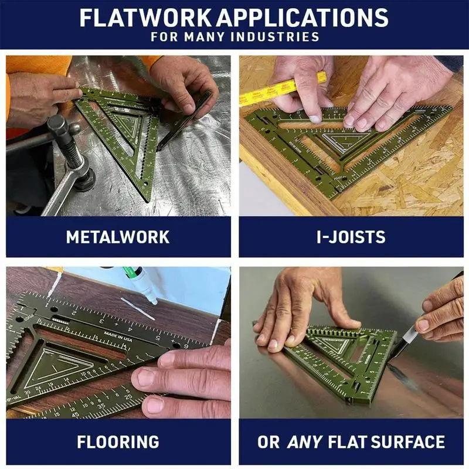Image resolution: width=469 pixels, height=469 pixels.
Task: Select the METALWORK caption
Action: [118, 237]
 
